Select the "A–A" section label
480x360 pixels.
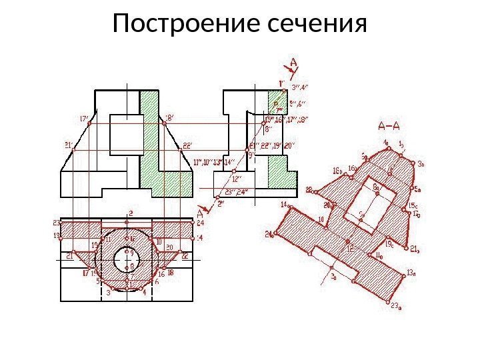[389, 125]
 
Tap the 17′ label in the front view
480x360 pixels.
[84, 119]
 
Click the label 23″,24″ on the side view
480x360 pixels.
[237, 192]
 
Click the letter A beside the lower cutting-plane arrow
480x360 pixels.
[199, 214]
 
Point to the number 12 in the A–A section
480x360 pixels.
[348, 248]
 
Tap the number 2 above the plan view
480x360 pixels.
[131, 213]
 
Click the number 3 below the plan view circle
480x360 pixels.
[107, 291]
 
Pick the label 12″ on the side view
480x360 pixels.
[236, 179]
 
